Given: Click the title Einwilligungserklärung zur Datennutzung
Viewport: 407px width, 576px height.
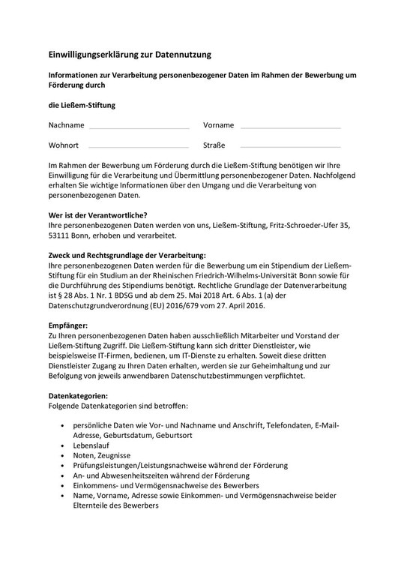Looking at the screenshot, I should coord(130,54).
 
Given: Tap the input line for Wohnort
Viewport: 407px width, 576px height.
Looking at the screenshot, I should coord(139,146).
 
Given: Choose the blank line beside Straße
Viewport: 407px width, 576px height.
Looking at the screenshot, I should coord(290,146).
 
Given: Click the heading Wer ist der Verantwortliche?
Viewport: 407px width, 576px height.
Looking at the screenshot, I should coord(97,215).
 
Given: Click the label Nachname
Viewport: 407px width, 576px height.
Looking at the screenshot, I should coord(66,124).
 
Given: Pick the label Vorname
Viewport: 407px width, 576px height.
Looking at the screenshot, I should coord(218,124).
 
